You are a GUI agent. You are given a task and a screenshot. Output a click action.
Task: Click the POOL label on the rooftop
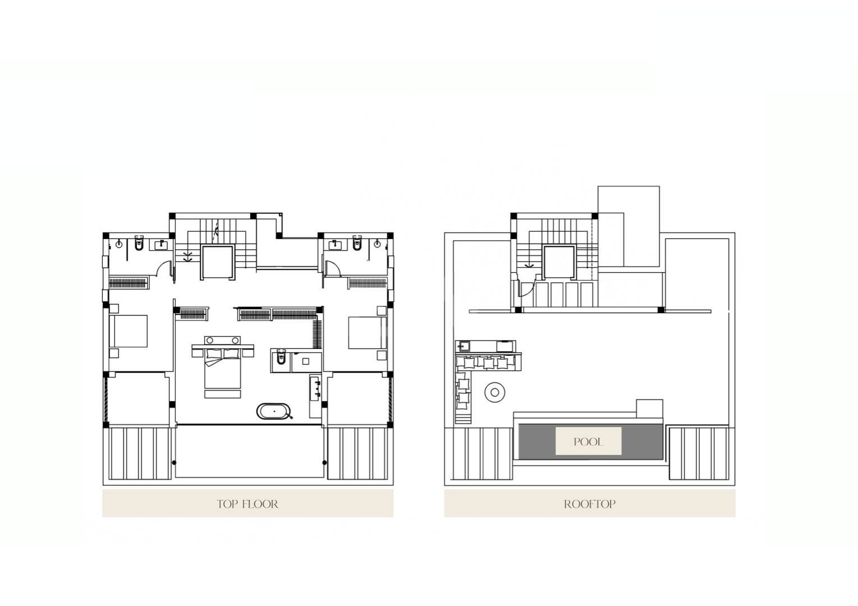(x=588, y=442)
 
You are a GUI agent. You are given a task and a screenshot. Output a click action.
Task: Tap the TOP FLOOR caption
(x=247, y=504)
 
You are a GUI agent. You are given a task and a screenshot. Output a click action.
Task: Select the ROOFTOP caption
(x=590, y=504)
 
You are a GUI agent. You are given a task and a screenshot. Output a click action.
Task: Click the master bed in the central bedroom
(x=223, y=366)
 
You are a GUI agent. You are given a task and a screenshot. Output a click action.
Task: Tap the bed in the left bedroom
(x=129, y=331)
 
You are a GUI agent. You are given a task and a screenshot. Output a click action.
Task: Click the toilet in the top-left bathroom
(x=139, y=244)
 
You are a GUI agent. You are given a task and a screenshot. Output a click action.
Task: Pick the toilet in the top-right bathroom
(x=357, y=243)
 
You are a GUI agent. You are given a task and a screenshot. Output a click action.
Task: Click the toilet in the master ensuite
(x=281, y=358)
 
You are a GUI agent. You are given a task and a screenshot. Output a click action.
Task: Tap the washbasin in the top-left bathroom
(x=161, y=245)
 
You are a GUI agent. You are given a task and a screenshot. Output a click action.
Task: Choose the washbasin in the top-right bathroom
(x=335, y=245)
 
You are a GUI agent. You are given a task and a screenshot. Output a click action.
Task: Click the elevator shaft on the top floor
(x=218, y=262)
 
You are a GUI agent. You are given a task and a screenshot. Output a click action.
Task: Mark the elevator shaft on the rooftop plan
(x=559, y=262)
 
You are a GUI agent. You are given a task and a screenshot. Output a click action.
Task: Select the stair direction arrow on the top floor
(x=187, y=256)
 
